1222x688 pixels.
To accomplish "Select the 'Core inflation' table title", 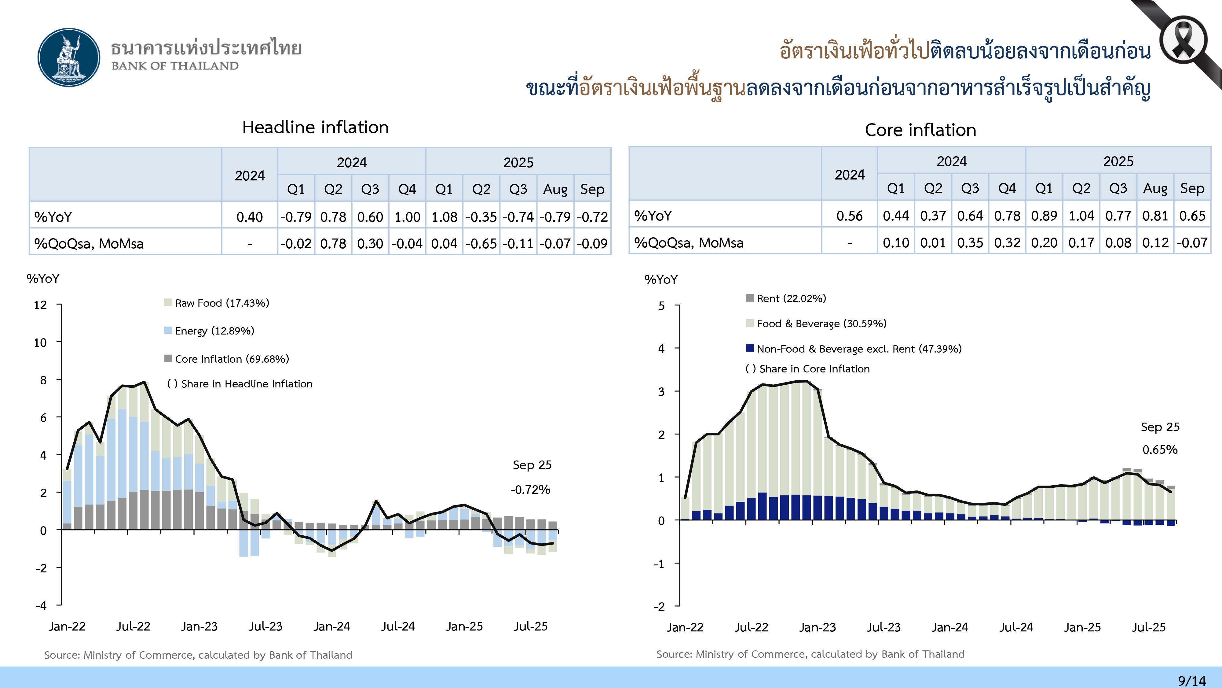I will pyautogui.click(x=920, y=130).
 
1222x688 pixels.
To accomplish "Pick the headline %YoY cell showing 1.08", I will pyautogui.click(x=444, y=217).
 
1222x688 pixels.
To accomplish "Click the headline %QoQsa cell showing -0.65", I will pyautogui.click(x=481, y=244).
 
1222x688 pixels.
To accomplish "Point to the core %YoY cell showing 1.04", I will pyautogui.click(x=1081, y=216).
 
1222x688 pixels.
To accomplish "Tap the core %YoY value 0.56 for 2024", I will pyautogui.click(x=849, y=216).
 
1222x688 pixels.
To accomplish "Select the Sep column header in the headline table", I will pyautogui.click(x=592, y=190).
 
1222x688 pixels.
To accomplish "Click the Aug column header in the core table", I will pyautogui.click(x=1155, y=188).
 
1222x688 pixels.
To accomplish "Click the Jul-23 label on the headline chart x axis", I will pyautogui.click(x=266, y=626).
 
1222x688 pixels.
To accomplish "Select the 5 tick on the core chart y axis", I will pyautogui.click(x=661, y=306).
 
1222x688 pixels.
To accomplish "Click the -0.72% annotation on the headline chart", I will pyautogui.click(x=530, y=490).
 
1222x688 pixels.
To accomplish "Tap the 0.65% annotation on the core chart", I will pyautogui.click(x=1160, y=449).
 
